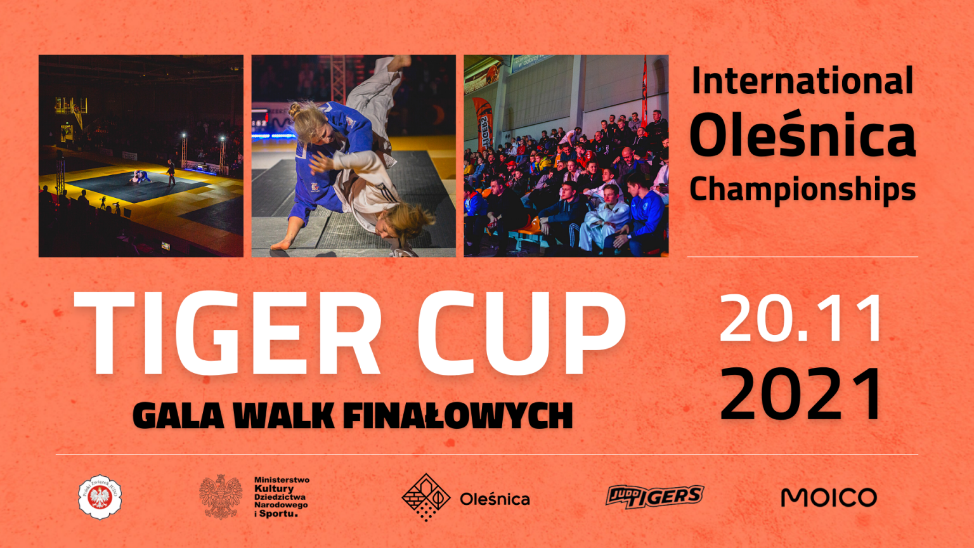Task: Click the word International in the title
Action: [802, 81]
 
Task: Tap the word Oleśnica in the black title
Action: [802, 135]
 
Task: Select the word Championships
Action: [802, 189]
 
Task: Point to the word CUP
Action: [521, 334]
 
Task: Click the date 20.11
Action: [802, 319]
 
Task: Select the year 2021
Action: [802, 395]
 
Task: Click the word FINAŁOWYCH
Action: [458, 417]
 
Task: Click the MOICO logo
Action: [829, 497]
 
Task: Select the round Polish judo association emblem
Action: [100, 497]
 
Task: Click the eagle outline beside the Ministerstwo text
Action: [221, 497]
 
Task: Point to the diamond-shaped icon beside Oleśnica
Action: [426, 497]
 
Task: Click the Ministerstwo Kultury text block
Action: [281, 497]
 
